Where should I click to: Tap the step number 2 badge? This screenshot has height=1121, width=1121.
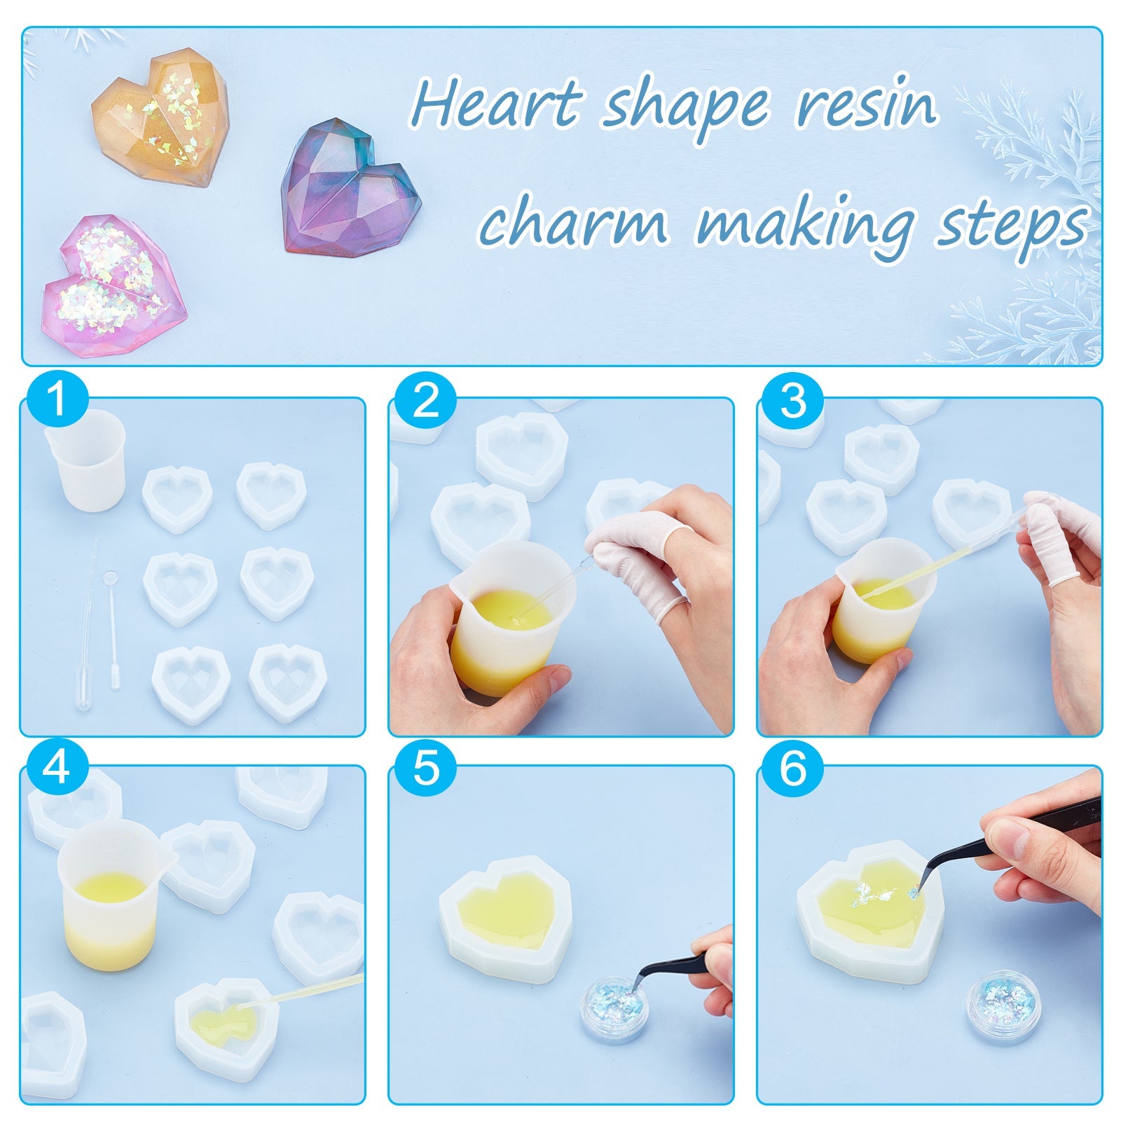(x=425, y=401)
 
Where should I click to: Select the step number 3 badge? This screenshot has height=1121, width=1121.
(x=793, y=401)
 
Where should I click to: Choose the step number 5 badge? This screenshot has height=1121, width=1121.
(x=425, y=768)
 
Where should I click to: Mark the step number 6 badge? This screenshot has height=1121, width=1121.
(x=793, y=768)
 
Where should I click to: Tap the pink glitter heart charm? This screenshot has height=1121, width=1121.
(x=115, y=286)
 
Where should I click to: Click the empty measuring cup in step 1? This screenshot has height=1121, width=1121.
(x=85, y=460)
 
